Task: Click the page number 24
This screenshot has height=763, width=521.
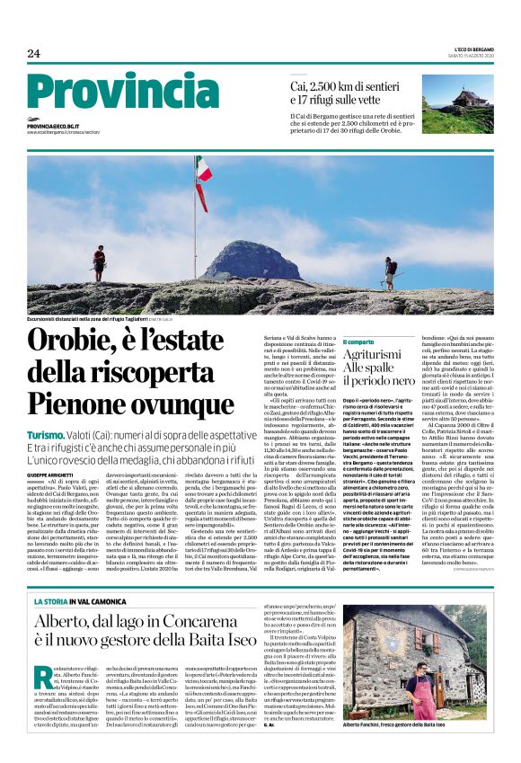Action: tap(34, 53)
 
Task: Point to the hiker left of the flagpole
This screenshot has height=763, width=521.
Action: tap(98, 263)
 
